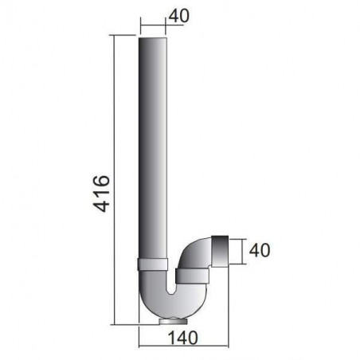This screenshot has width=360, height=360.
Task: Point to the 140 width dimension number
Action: (183, 338)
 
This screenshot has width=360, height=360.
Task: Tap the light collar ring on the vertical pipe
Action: (154, 264)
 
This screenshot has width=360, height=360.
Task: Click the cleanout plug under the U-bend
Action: (166, 322)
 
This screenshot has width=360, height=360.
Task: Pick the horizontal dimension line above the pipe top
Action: (154, 24)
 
